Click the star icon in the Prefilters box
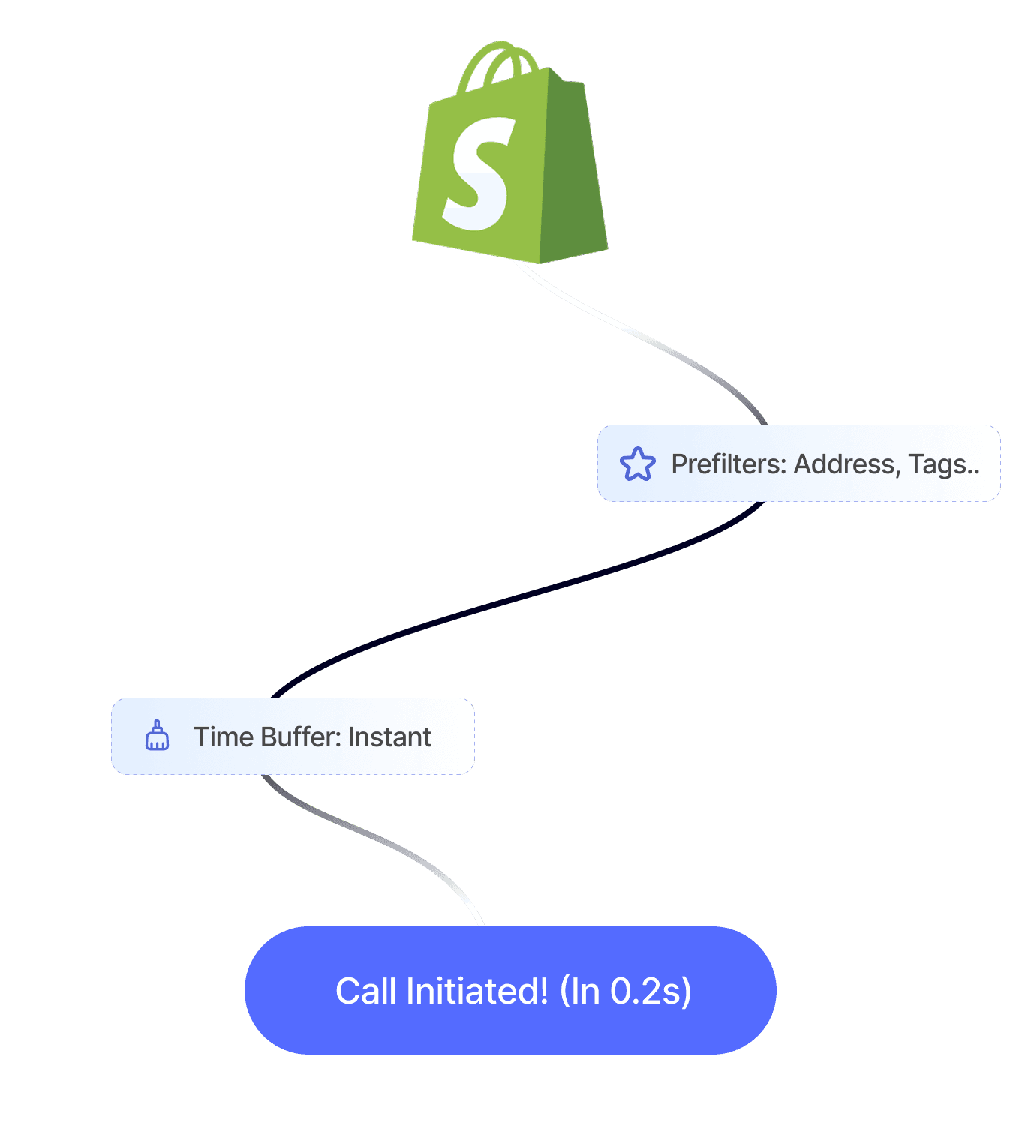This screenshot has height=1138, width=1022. coord(637,464)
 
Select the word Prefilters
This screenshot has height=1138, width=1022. coord(728,464)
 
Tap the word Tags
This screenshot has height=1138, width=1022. coord(937,464)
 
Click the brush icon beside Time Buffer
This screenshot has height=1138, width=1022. coord(157,736)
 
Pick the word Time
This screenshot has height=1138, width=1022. coord(223,737)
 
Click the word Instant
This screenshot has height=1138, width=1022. coord(389,737)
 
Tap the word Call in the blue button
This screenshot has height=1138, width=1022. coord(366,991)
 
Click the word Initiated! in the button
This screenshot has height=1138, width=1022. coord(477,991)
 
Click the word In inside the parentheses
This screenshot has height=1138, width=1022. coord(585,991)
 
